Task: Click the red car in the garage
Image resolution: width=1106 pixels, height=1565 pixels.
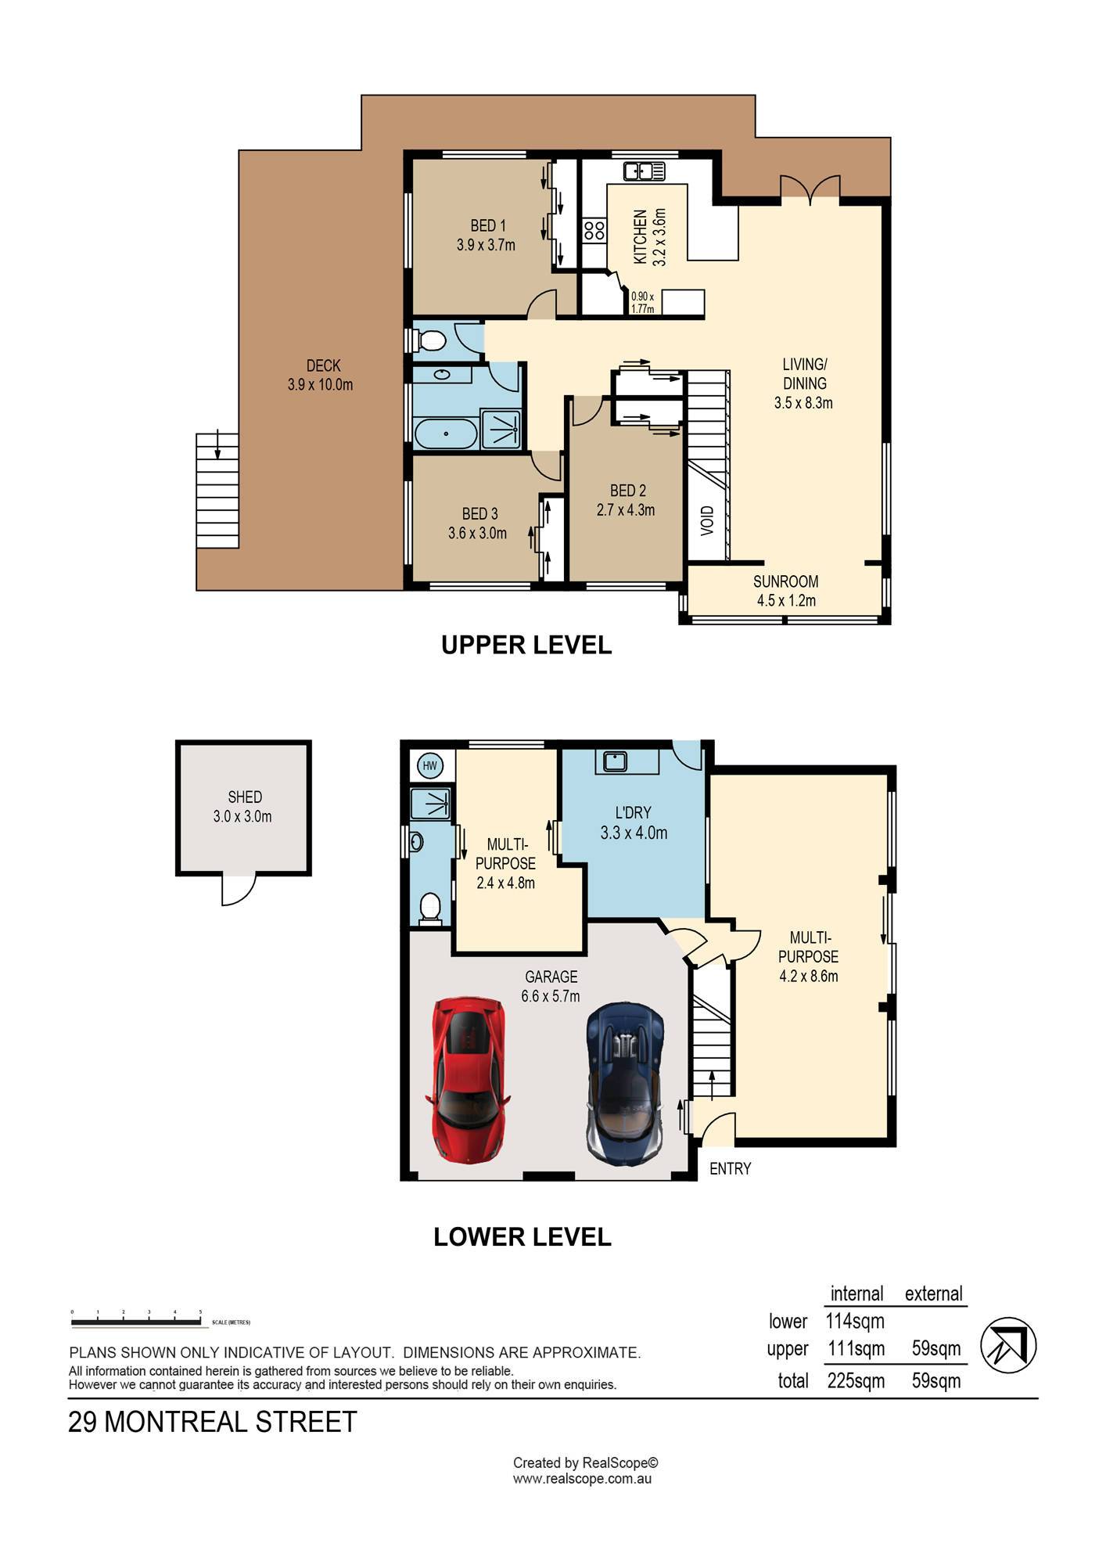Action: [x=467, y=1079]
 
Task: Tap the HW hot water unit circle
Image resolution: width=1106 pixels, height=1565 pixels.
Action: [x=429, y=765]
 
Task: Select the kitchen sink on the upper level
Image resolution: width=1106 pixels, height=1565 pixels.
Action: [x=644, y=170]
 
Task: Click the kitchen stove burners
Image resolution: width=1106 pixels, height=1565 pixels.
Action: [x=594, y=230]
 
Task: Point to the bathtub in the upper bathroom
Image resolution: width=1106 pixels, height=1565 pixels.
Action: [x=445, y=434]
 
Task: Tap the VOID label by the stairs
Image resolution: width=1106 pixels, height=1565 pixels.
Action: [x=707, y=520]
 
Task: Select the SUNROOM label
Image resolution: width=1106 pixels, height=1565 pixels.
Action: [x=785, y=581]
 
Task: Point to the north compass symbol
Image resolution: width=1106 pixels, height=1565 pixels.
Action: [x=1008, y=1346]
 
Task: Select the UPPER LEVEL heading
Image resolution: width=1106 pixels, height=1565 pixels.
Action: [x=526, y=645]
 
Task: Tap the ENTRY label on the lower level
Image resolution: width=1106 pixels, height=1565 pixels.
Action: [x=731, y=1168]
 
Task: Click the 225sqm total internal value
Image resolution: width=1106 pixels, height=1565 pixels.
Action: [x=856, y=1380]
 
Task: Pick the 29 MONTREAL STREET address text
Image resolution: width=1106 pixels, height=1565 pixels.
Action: [x=213, y=1422]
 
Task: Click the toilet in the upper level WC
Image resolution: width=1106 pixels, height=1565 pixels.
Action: [x=429, y=341]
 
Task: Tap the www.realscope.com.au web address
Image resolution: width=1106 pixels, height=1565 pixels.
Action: [x=582, y=1479]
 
